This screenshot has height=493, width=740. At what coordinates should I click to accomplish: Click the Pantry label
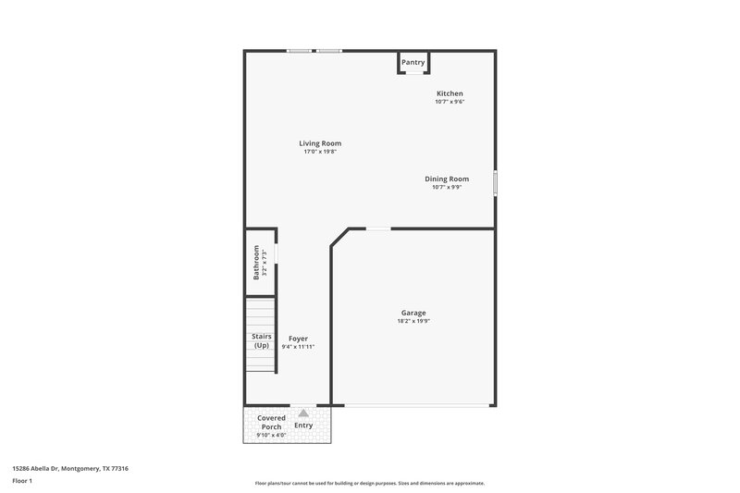[413, 63]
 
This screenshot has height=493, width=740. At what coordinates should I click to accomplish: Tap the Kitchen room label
[450, 93]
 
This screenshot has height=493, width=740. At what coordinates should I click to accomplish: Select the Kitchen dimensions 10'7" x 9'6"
[450, 102]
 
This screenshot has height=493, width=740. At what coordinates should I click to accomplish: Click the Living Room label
[320, 143]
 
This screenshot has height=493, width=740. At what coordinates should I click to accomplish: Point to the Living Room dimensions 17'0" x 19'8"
[320, 152]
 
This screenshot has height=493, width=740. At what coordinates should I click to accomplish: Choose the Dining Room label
[447, 179]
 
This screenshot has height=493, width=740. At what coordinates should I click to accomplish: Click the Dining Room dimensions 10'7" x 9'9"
[447, 187]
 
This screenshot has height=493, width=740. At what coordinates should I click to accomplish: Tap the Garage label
[413, 313]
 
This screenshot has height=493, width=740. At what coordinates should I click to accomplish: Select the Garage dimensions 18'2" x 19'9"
[413, 321]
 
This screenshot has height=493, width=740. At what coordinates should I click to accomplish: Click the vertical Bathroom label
[257, 262]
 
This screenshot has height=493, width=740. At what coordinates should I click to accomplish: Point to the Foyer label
[298, 339]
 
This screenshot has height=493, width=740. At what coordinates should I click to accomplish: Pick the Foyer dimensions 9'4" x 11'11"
[298, 347]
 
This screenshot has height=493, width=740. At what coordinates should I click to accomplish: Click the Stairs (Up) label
[261, 340]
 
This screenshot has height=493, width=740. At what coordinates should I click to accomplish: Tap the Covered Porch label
[271, 422]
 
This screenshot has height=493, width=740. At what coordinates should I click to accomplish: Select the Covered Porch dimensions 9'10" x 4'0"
[271, 435]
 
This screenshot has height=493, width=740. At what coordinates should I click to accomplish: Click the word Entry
[303, 425]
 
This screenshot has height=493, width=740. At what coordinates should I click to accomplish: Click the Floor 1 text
[23, 482]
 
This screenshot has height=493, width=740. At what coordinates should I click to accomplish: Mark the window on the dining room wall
[495, 182]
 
